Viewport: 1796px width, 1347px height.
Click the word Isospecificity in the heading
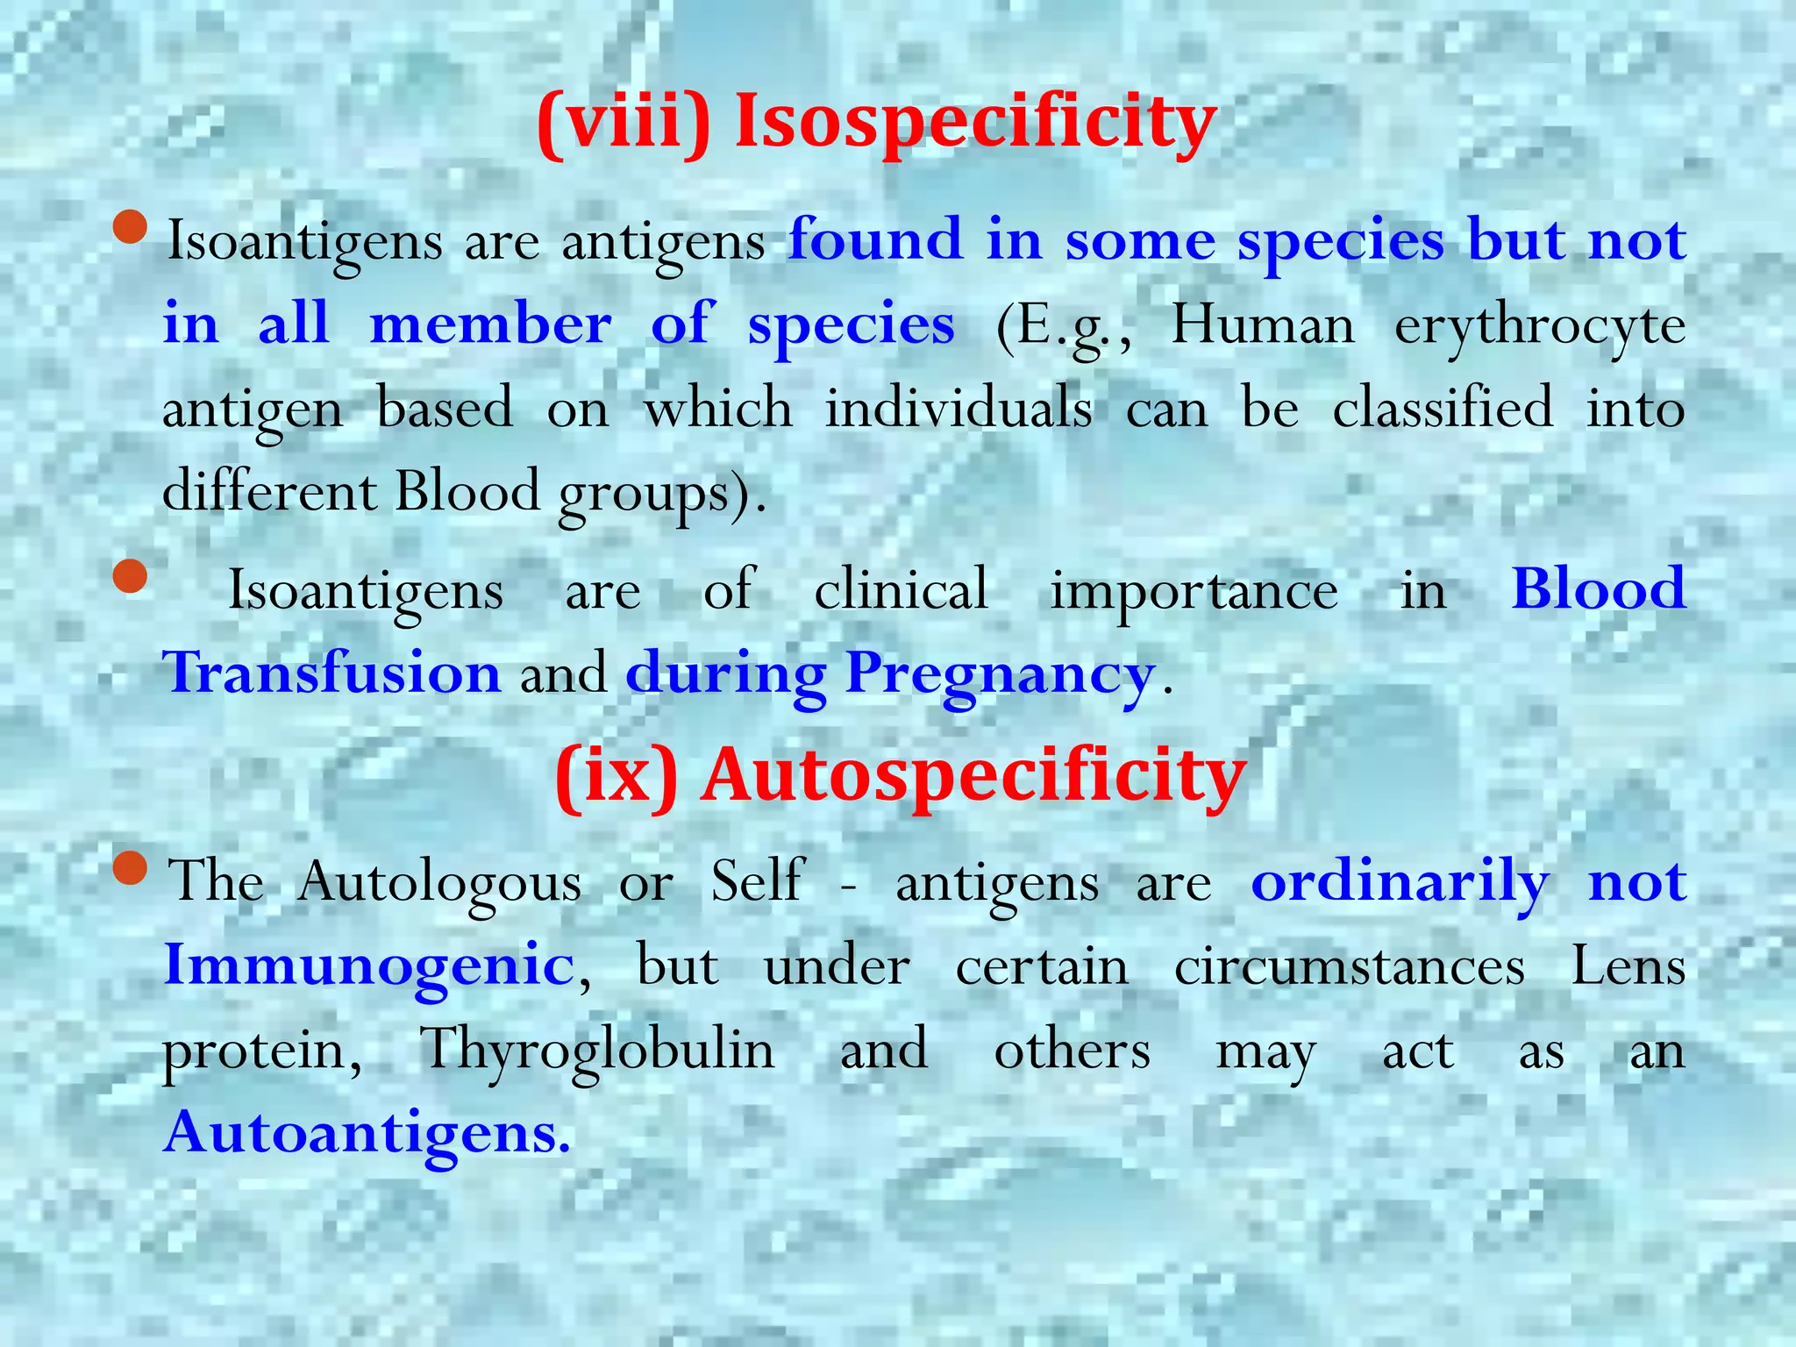coord(975,123)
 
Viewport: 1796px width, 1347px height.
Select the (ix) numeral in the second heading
coord(617,777)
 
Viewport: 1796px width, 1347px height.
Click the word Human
coord(1263,326)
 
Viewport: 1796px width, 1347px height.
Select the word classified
coord(1443,408)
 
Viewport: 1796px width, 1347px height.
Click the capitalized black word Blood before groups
coord(467,491)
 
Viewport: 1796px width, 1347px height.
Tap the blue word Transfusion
coord(332,673)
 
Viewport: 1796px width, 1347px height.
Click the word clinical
coord(901,589)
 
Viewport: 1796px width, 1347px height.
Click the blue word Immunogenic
coord(369,966)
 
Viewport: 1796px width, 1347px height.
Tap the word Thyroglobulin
coord(597,1051)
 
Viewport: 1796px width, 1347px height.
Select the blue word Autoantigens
coord(367,1133)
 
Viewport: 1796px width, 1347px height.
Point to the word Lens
coord(1628,966)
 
